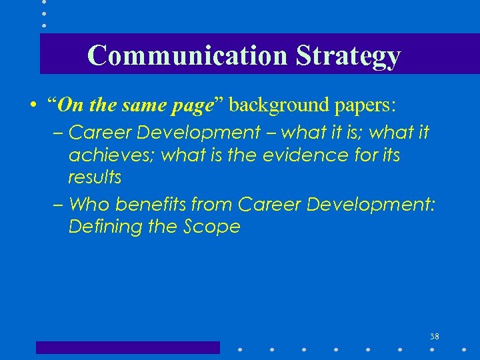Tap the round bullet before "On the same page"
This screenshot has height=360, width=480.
32,105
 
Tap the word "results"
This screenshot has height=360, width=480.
95,177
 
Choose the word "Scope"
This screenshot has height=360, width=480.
211,227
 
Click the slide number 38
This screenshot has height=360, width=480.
434,336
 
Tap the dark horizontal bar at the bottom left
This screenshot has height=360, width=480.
127,347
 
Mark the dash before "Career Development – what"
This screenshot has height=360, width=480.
59,133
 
